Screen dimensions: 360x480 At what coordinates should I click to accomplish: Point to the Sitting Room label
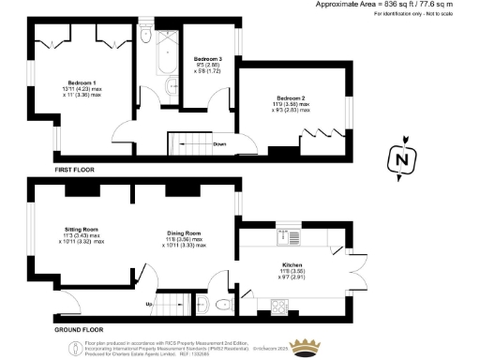(x=81, y=229)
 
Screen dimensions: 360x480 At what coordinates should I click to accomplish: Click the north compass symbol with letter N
(x=404, y=160)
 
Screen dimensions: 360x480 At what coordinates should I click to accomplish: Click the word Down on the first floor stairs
(x=219, y=144)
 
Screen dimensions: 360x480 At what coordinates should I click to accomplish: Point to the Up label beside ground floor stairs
(x=148, y=305)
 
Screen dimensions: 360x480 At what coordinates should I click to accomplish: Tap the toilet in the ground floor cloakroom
(x=220, y=305)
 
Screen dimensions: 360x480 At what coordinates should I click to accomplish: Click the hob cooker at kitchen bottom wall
(x=281, y=306)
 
